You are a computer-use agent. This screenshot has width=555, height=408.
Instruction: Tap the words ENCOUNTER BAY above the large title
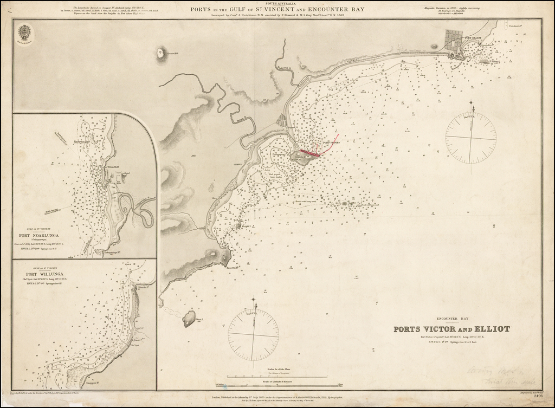pyautogui.click(x=451, y=319)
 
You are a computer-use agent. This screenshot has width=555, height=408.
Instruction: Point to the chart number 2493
pyautogui.click(x=538, y=396)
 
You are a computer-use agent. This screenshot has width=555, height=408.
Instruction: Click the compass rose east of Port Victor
pyautogui.click(x=470, y=138)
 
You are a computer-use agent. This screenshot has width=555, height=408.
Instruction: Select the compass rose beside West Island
pyautogui.click(x=253, y=335)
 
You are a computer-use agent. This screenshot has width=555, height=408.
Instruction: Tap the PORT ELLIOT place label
pyautogui.click(x=473, y=38)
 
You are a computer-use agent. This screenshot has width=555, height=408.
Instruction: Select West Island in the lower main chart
pyautogui.click(x=189, y=318)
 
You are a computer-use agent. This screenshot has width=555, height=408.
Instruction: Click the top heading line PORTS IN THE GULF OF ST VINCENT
pyautogui.click(x=277, y=9)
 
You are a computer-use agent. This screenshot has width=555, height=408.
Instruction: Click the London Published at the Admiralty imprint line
pyautogui.click(x=277, y=396)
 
